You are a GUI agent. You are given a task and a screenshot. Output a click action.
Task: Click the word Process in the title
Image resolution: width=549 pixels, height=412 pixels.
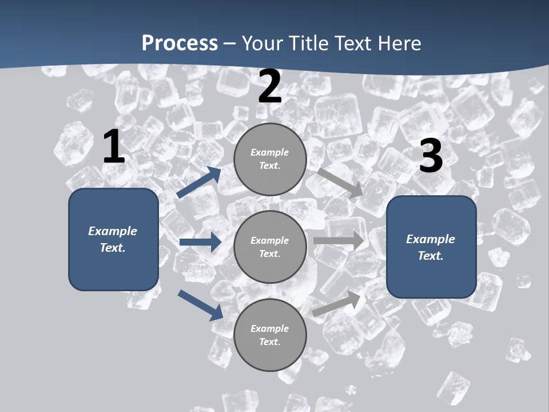coord(180,43)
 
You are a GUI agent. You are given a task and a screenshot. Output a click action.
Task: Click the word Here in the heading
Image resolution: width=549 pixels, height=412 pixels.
coord(399,43)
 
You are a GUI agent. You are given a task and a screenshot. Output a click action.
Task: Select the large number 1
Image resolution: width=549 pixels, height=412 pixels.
coord(114,147)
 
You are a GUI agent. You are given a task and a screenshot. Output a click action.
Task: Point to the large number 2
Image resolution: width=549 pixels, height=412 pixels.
coord(270,86)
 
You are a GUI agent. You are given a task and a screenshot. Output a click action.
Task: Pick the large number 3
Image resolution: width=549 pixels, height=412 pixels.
coord(431,156)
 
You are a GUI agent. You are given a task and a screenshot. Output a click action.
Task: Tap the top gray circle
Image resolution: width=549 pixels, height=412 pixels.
coord(270,159)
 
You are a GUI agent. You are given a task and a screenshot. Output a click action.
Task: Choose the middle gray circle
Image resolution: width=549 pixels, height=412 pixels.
coord(270,247)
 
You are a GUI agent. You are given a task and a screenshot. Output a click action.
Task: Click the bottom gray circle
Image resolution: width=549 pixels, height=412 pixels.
coord(270,335)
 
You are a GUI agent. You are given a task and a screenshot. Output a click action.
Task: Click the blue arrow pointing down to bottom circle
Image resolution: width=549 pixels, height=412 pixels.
coord(201,305)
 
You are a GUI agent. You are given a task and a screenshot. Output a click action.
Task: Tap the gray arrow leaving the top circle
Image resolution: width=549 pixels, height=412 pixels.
coord(340,183)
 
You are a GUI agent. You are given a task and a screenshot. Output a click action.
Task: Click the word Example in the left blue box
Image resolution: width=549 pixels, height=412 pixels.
coord(113,231)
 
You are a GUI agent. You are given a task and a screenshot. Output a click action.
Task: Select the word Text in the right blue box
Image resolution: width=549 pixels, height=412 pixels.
coord(430,256)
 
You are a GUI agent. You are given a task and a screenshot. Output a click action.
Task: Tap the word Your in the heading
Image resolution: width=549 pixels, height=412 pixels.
coord(263,43)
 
